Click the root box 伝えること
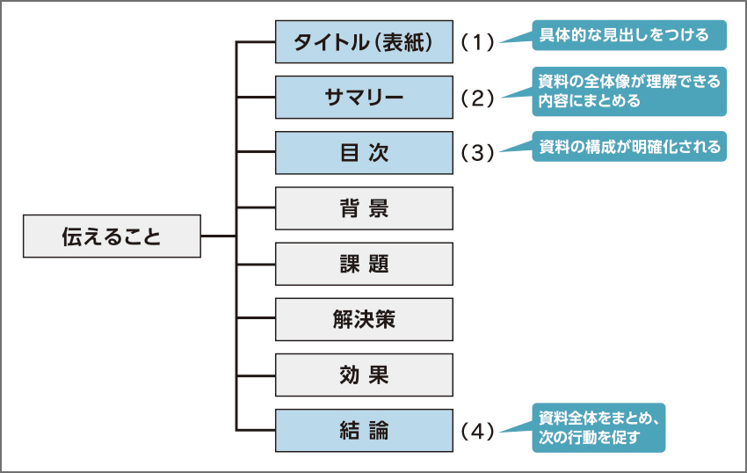[112, 236]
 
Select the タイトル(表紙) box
[364, 41]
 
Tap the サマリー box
[364, 97]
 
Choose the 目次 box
[364, 152]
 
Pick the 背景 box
[364, 208]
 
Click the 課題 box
[364, 264]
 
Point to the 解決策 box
[364, 319]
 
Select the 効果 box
[364, 375]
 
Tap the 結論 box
[364, 431]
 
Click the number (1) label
[478, 42]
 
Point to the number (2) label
[478, 98]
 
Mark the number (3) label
[478, 153]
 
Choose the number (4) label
[478, 432]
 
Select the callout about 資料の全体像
[630, 91]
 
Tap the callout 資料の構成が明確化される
[630, 146]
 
